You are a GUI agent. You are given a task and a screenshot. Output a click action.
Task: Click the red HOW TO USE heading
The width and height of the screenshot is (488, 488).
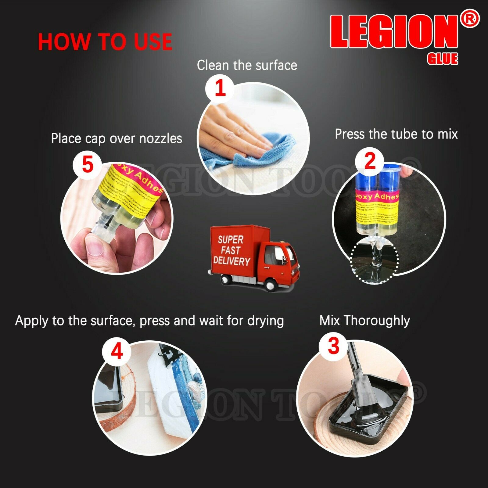pos(105,42)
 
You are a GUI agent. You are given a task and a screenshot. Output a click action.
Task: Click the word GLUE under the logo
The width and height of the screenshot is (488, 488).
pos(443,59)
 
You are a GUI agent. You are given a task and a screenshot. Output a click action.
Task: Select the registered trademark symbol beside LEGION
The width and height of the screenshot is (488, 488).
pos(471,19)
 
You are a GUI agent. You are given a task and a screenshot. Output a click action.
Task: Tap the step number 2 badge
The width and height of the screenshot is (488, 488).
pos(370,161)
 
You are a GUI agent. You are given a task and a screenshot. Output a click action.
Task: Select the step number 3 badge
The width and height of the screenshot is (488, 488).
pos(333,346)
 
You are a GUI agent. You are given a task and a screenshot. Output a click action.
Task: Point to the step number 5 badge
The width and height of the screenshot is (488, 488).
pos(88,165)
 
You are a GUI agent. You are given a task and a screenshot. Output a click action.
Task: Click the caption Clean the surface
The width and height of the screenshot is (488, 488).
pos(247,65)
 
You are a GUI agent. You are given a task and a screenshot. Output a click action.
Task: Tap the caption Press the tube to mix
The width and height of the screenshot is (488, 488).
pos(396,134)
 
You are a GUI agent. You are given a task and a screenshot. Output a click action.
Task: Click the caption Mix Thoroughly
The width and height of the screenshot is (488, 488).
pos(364,321)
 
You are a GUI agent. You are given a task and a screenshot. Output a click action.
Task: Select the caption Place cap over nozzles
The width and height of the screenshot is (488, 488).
pos(117,138)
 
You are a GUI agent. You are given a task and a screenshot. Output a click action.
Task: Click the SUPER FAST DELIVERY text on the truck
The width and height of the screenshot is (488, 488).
pos(231,250)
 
